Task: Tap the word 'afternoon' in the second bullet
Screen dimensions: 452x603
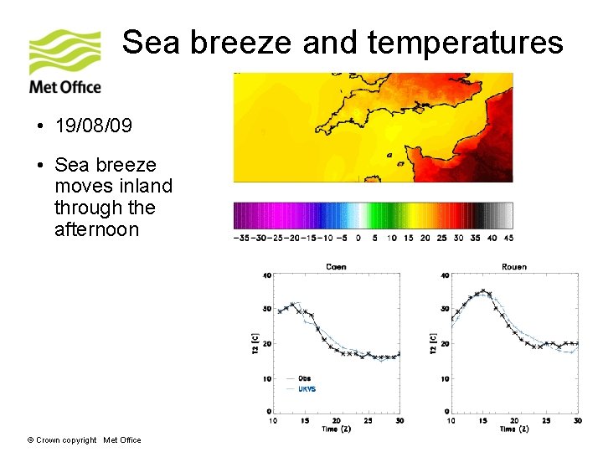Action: [96, 229]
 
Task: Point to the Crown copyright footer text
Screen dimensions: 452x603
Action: [84, 440]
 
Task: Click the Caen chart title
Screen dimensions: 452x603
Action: [335, 267]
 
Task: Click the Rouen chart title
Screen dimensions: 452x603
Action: [514, 267]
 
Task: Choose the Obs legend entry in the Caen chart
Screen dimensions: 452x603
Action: [304, 378]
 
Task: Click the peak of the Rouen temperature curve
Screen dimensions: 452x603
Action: [483, 291]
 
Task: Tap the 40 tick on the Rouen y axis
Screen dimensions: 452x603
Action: [444, 275]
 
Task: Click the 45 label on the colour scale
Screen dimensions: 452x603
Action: [508, 238]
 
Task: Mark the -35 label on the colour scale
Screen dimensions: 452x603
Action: [241, 238]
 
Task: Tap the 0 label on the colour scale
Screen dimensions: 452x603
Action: [358, 238]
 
